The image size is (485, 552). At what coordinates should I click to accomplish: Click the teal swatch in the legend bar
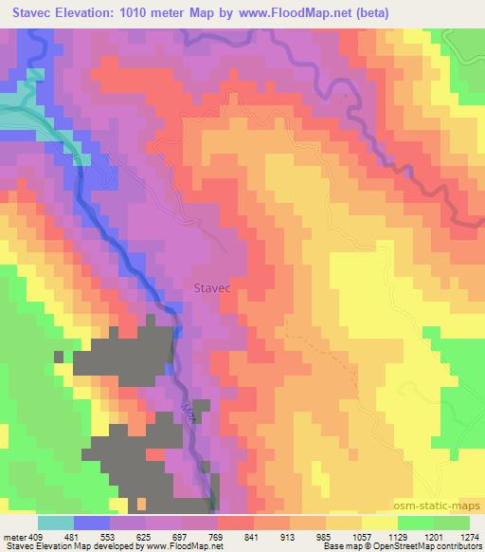(x=55, y=522)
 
